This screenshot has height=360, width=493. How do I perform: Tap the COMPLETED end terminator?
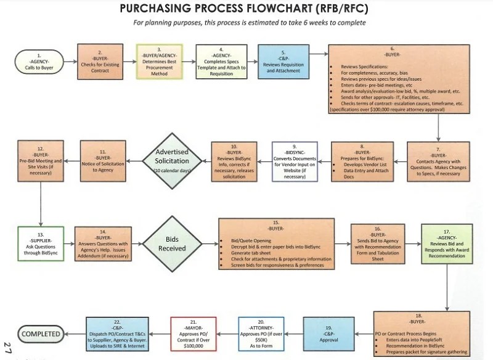pos(41,334)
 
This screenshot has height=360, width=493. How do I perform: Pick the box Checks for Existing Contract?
pos(100,62)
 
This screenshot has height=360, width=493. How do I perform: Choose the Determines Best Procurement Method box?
pos(160,62)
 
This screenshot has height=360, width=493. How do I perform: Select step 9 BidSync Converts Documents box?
pos(295,162)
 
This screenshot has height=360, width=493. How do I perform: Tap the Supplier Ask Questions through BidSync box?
pos(41,244)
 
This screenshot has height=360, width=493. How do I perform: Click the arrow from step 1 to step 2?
pos(70,62)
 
